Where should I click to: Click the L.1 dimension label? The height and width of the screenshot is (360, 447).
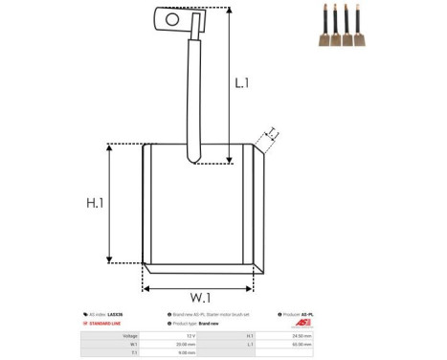[242, 84]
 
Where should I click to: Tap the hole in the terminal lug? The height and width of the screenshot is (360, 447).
[172, 18]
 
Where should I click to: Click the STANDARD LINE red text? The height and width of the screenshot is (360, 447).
[110, 324]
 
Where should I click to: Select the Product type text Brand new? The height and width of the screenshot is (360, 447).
[210, 324]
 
